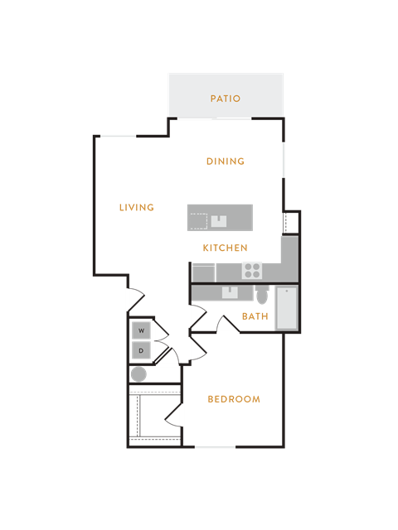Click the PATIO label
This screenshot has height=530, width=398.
[x=226, y=99]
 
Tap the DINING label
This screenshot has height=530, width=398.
[x=226, y=161]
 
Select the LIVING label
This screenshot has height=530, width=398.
[x=137, y=207]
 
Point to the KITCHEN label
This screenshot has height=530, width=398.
[x=225, y=248]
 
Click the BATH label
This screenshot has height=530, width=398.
[x=255, y=316]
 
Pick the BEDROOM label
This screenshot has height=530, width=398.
[x=234, y=399]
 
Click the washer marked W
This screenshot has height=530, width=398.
[x=141, y=330]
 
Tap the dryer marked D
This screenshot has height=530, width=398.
[x=141, y=350]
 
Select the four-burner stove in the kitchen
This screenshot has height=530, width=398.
[x=252, y=271]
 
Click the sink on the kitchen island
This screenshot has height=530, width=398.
[x=219, y=221]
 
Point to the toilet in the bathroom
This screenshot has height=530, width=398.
[x=262, y=295]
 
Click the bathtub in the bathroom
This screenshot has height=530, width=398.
[x=287, y=308]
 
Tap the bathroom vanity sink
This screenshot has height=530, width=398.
[x=230, y=292]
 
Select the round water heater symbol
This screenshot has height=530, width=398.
[x=138, y=374]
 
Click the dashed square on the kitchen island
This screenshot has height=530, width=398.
[x=198, y=221]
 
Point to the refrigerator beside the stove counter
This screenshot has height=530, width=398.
[x=203, y=272]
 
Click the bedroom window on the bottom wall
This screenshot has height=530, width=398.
[x=216, y=447]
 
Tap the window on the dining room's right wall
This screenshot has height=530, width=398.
[x=284, y=160]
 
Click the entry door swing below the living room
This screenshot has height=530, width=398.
[x=136, y=300]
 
